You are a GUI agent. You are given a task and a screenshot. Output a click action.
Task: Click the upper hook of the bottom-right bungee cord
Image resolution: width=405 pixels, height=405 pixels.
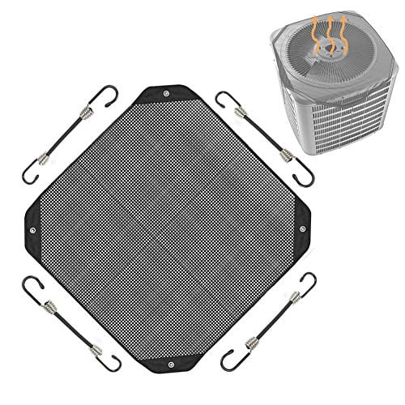[x=308, y=281]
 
